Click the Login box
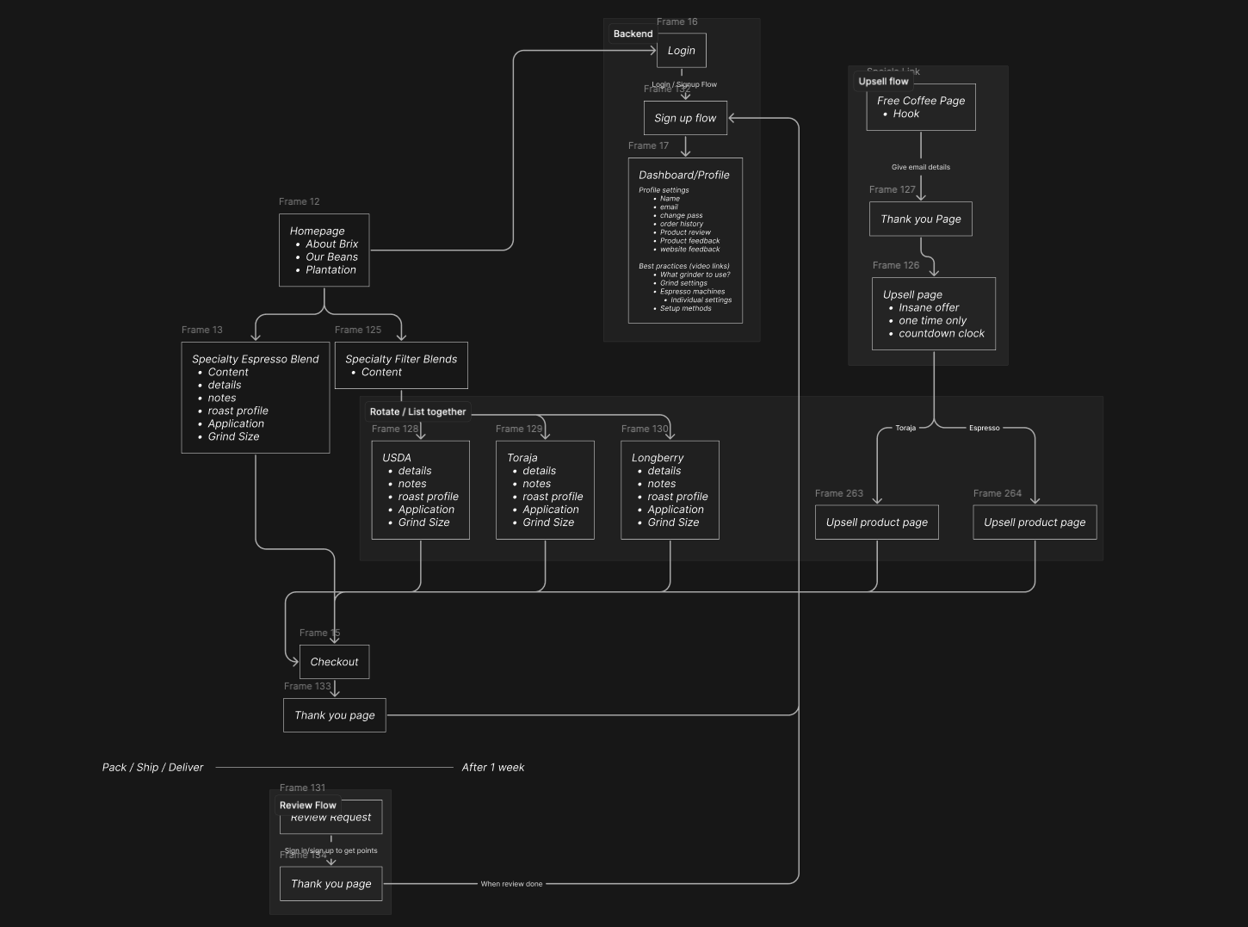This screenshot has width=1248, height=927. click(682, 51)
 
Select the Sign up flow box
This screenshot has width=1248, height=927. click(685, 118)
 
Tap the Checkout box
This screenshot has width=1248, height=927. click(334, 662)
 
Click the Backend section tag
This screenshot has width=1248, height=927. click(633, 34)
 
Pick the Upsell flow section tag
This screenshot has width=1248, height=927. click(883, 81)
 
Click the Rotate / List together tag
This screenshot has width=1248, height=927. click(417, 411)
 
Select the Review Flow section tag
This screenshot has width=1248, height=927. click(307, 806)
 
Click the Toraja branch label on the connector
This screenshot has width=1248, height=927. click(905, 428)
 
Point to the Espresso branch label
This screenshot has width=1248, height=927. click(984, 428)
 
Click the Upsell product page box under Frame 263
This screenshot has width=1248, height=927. click(876, 522)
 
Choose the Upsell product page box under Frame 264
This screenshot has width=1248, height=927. click(1035, 522)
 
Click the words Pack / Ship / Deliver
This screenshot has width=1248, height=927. click(152, 767)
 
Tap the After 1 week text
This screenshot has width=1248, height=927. click(492, 767)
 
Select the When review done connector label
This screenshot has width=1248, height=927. click(511, 884)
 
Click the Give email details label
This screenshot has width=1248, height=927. click(920, 167)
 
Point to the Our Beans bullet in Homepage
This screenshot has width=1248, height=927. click(331, 256)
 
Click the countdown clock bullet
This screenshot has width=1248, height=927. click(941, 333)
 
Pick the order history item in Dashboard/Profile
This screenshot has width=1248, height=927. click(681, 224)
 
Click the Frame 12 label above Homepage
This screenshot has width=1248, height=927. click(299, 201)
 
